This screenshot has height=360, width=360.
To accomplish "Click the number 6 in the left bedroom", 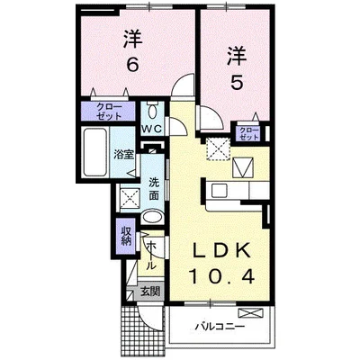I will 131,66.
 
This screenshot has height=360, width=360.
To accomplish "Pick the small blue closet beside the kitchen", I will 248,133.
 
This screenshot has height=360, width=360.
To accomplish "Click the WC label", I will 151,129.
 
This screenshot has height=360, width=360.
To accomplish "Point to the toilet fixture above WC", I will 151,111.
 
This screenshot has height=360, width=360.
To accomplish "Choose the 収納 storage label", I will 127,238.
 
